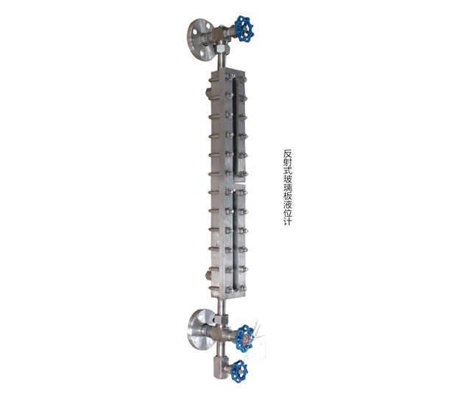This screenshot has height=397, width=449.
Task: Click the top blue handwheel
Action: (x=244, y=29)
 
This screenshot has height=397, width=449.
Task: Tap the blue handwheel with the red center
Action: (x=245, y=338)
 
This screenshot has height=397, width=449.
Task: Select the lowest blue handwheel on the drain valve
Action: (x=240, y=371)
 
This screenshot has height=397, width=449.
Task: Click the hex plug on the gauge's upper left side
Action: (x=208, y=92)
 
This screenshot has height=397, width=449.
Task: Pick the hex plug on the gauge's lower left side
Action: (x=208, y=276)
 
